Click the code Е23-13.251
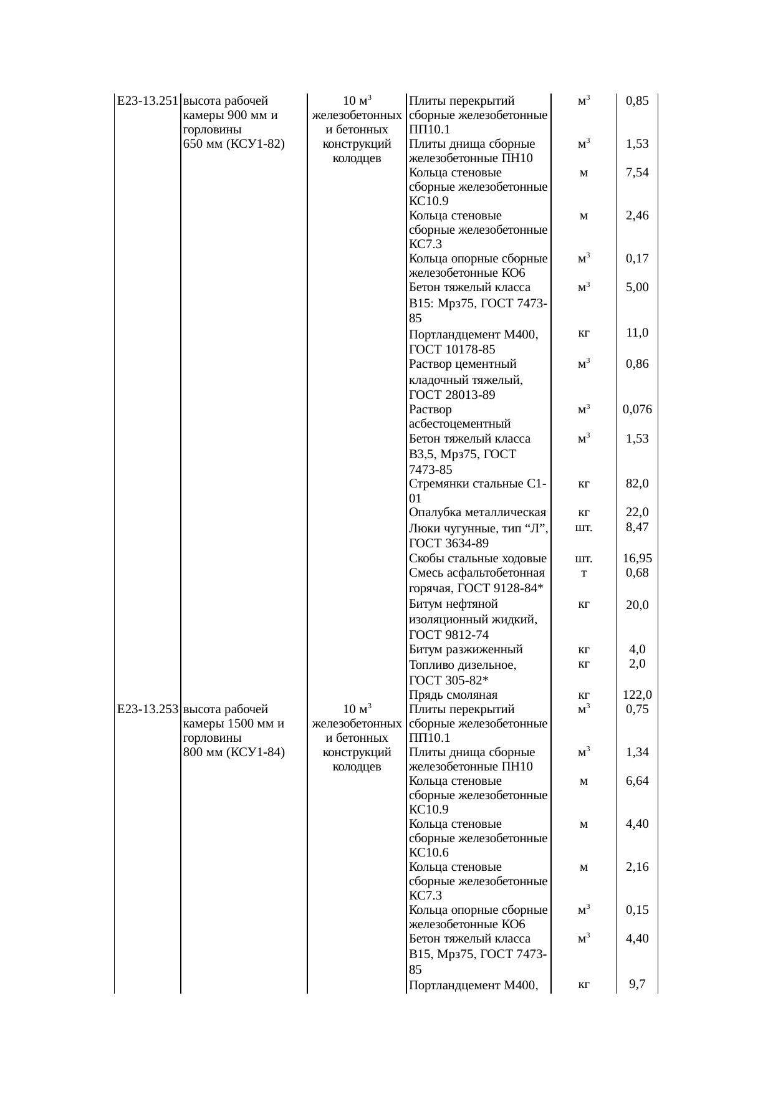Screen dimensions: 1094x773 click(147, 100)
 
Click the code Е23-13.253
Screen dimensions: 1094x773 click(147, 709)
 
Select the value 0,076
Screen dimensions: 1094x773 click(637, 410)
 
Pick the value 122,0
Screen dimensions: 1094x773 click(637, 695)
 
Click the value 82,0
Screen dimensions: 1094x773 click(637, 483)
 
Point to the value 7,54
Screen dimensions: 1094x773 click(637, 172)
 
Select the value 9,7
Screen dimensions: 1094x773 click(637, 984)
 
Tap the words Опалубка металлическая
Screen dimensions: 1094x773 click(478, 512)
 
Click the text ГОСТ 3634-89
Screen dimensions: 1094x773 click(449, 544)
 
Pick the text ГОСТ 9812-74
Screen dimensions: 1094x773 click(449, 635)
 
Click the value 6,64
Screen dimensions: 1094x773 click(637, 780)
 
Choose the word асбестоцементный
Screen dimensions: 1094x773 click(460, 425)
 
